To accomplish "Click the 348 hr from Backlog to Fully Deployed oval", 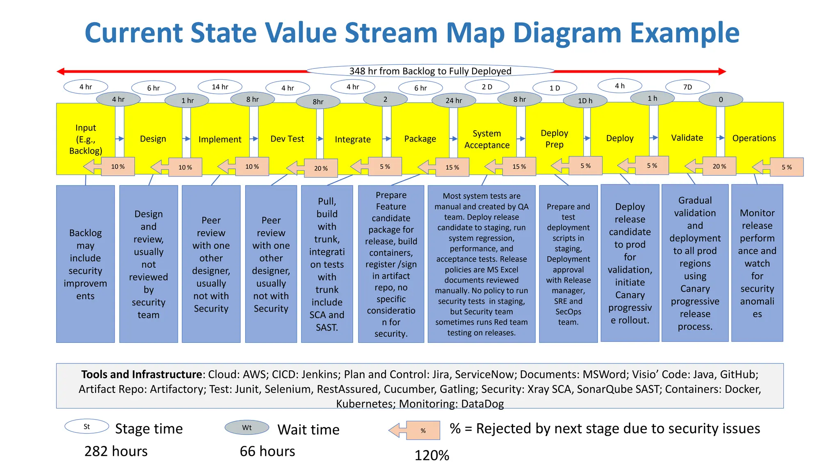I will click(430, 71).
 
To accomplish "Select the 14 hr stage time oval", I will click(220, 87).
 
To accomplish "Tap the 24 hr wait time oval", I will click(454, 100).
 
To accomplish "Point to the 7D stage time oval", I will click(687, 87).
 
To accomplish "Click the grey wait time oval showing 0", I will click(721, 99).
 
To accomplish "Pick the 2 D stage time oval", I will click(487, 87).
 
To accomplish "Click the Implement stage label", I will click(220, 139).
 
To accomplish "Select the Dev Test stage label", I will click(287, 139).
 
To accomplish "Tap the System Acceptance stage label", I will click(487, 139).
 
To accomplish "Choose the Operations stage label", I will click(754, 138).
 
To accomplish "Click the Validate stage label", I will click(687, 138).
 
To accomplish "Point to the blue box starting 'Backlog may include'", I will click(85, 264).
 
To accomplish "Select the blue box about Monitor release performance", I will click(757, 263).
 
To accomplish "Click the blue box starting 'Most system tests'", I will click(482, 264).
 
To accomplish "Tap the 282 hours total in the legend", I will click(116, 451).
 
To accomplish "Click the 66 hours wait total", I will click(267, 451).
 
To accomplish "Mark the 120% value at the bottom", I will click(432, 455).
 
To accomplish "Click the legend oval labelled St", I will click(87, 427).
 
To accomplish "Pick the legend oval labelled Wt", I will click(247, 427).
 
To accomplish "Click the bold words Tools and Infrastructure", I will click(142, 374).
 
